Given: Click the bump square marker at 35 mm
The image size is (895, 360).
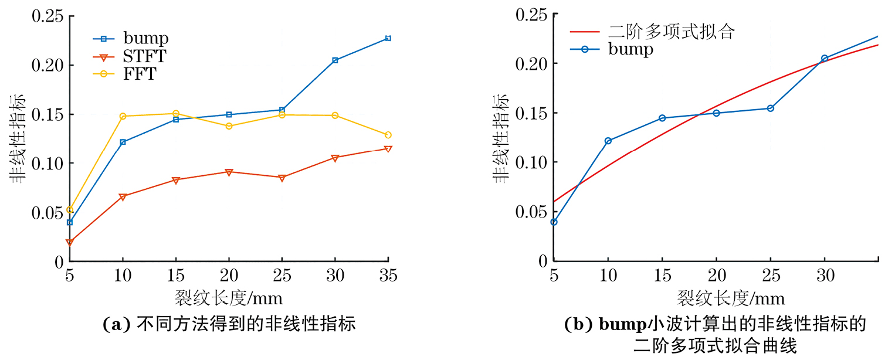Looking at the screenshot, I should tap(388, 38).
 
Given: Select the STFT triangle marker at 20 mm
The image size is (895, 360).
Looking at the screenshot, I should tap(229, 172).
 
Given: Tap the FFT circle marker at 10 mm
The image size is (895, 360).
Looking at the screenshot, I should tap(123, 116).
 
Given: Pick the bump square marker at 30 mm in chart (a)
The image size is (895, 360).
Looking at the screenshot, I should tap(335, 60).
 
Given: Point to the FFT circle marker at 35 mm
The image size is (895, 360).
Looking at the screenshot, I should tap(388, 135).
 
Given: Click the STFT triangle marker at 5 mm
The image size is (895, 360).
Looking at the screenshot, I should tap(70, 243).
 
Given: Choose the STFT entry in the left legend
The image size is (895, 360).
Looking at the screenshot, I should tap(144, 57).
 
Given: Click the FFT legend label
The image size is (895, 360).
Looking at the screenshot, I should tap(140, 74).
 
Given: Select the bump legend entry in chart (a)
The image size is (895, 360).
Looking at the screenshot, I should tap(145, 39).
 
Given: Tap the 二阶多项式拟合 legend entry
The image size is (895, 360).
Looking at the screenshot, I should tap(671, 32).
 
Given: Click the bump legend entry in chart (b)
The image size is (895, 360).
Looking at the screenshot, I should tap(630, 49).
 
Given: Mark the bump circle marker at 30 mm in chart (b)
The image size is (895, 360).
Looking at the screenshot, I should tap(824, 58).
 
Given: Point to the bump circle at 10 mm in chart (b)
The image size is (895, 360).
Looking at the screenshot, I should tap(608, 141).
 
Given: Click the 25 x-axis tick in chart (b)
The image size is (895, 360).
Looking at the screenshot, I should tap(770, 275).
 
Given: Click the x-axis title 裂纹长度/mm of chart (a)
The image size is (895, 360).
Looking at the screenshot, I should tap(228, 298).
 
